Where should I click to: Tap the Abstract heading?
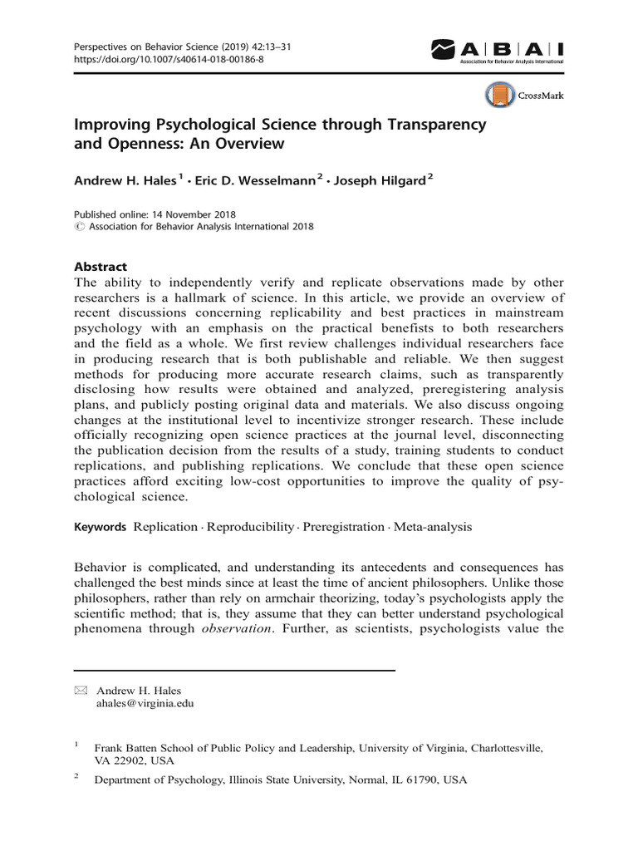tap(101, 267)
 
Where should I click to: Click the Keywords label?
tap(101, 527)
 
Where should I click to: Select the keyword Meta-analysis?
tap(432, 527)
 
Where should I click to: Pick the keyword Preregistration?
tap(343, 527)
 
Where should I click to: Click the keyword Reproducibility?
tap(250, 527)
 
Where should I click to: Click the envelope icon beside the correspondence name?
tap(81, 691)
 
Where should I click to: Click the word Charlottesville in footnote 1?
tap(507, 748)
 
